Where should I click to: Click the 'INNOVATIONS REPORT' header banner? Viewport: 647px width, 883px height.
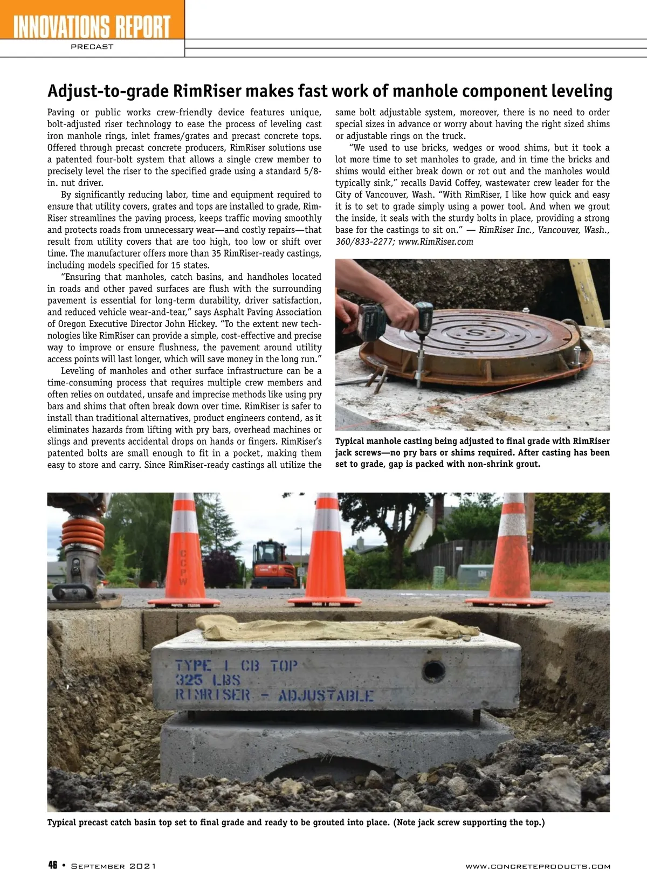pos(92,26)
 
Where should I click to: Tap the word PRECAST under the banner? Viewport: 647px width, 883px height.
pos(92,47)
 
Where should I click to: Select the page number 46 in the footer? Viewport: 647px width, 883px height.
pos(53,865)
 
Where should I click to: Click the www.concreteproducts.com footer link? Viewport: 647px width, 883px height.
pos(538,866)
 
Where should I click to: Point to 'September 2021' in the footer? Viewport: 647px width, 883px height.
pos(113,866)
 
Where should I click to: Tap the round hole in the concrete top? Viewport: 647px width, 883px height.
pos(434,671)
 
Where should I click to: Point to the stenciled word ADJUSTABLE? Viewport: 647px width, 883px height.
pos(325,695)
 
